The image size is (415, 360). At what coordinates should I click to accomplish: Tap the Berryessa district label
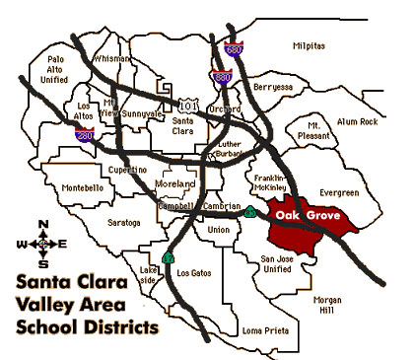click(273, 87)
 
